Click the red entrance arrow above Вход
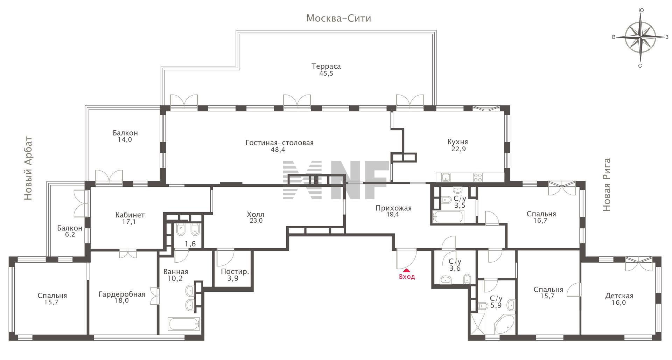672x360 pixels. (x=407, y=270)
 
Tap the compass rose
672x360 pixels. (x=640, y=37)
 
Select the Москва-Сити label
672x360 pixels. (x=338, y=18)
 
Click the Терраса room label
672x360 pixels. (x=326, y=66)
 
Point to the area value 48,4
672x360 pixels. (x=278, y=150)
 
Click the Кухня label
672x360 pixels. (x=458, y=142)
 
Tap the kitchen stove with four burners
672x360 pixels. (x=478, y=177)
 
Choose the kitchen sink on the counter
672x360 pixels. (x=446, y=177)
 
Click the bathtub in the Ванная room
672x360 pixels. (x=184, y=324)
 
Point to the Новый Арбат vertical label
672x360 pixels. (x=28, y=168)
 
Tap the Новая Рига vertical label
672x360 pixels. (x=607, y=185)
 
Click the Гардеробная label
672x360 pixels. (x=122, y=294)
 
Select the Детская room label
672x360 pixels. (x=619, y=296)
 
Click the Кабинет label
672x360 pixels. (x=130, y=215)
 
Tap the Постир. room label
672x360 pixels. (x=235, y=272)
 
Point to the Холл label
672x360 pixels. (x=255, y=214)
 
